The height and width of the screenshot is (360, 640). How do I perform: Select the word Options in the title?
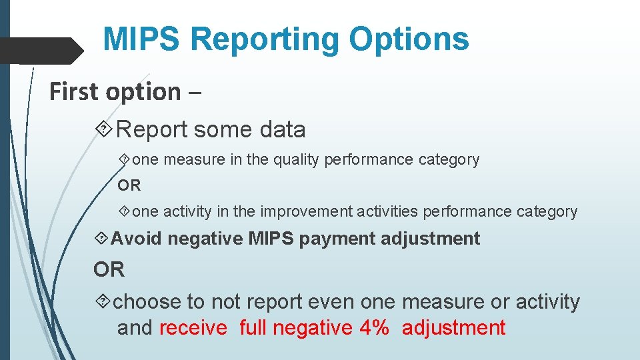(409, 40)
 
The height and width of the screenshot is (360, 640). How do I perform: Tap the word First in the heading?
(73, 91)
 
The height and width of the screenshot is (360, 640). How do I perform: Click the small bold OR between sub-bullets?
(130, 186)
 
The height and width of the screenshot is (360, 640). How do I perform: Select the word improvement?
(307, 212)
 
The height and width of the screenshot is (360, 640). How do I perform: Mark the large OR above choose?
(109, 269)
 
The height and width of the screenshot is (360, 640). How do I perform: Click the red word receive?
(193, 328)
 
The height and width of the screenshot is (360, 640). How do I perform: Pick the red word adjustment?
(454, 328)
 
